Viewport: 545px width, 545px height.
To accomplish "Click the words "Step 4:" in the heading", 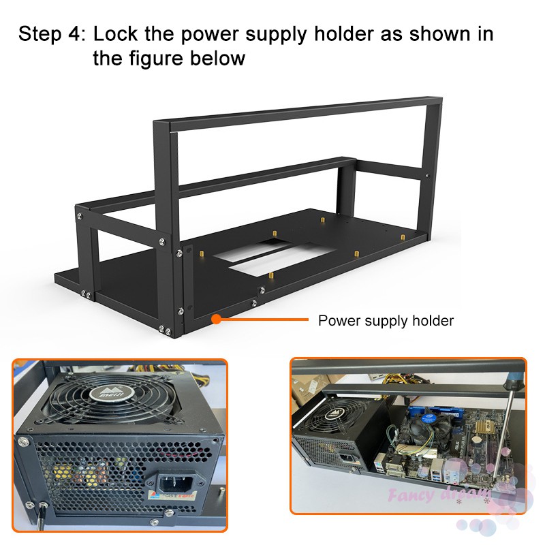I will pyautogui.click(x=52, y=33).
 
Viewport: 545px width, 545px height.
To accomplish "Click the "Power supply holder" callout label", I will pyautogui.click(x=386, y=320).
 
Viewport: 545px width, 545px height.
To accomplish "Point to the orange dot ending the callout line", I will pyautogui.click(x=215, y=317).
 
